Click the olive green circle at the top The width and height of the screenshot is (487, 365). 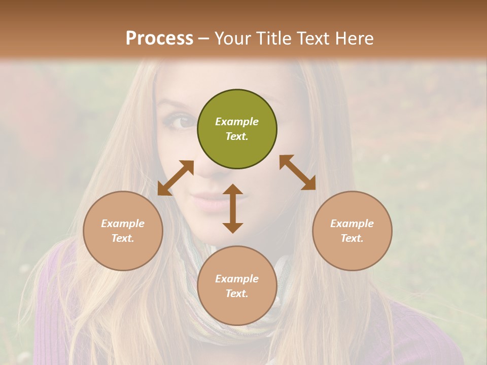[237, 129]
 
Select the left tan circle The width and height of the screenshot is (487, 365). [123, 231]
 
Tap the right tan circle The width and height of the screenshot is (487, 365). [352, 231]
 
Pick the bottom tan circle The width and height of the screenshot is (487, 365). [237, 286]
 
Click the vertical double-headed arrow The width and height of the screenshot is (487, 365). [233, 208]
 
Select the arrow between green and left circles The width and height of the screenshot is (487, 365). [176, 178]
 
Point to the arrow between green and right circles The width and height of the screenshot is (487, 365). [297, 172]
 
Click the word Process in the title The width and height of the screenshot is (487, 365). [159, 39]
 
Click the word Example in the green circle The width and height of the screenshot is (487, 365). [237, 122]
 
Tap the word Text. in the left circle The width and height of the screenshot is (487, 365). [123, 238]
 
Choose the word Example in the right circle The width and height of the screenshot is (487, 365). [352, 224]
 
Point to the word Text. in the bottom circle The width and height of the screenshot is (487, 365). [237, 294]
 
